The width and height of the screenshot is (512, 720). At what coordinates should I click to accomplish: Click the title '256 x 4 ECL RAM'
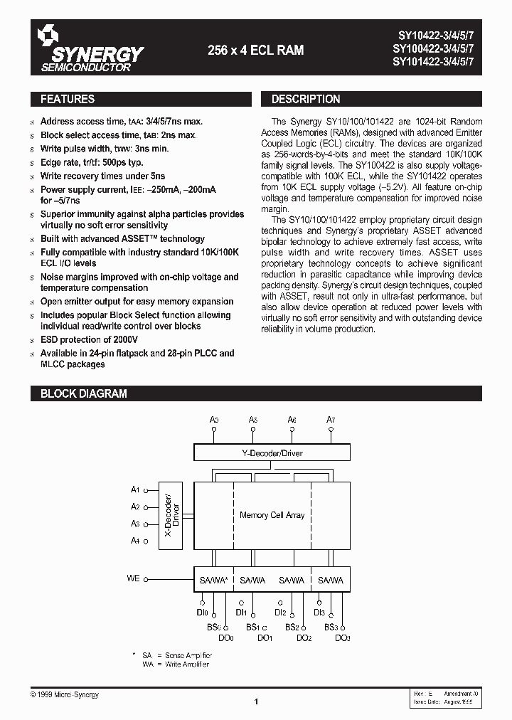[x=255, y=50]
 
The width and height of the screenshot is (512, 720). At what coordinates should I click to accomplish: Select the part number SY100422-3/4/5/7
[x=437, y=49]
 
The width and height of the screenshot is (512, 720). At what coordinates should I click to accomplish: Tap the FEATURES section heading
[x=68, y=100]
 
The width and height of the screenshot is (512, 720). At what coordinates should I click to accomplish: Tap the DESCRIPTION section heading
[x=306, y=100]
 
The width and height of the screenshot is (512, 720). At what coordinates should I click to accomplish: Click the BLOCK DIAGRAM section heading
[x=83, y=393]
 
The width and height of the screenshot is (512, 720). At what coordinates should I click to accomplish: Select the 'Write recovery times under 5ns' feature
[x=102, y=176]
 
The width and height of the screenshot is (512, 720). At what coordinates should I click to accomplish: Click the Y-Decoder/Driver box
[x=272, y=452]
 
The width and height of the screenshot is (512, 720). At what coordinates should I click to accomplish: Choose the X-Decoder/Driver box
[x=172, y=515]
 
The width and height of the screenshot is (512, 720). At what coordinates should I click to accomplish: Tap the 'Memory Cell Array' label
[x=272, y=515]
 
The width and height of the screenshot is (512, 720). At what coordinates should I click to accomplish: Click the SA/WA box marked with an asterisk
[x=213, y=581]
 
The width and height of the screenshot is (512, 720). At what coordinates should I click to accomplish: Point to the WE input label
[x=134, y=578]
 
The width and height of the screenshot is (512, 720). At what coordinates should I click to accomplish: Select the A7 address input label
[x=331, y=420]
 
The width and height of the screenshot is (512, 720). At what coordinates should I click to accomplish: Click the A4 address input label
[x=135, y=541]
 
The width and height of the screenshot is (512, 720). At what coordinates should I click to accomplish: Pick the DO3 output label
[x=343, y=638]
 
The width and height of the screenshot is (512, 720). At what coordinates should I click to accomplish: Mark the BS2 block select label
[x=292, y=627]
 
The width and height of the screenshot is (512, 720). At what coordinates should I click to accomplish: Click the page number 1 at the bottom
[x=255, y=702]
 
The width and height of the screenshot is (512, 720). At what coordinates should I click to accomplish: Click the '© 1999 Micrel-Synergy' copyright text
[x=65, y=694]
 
